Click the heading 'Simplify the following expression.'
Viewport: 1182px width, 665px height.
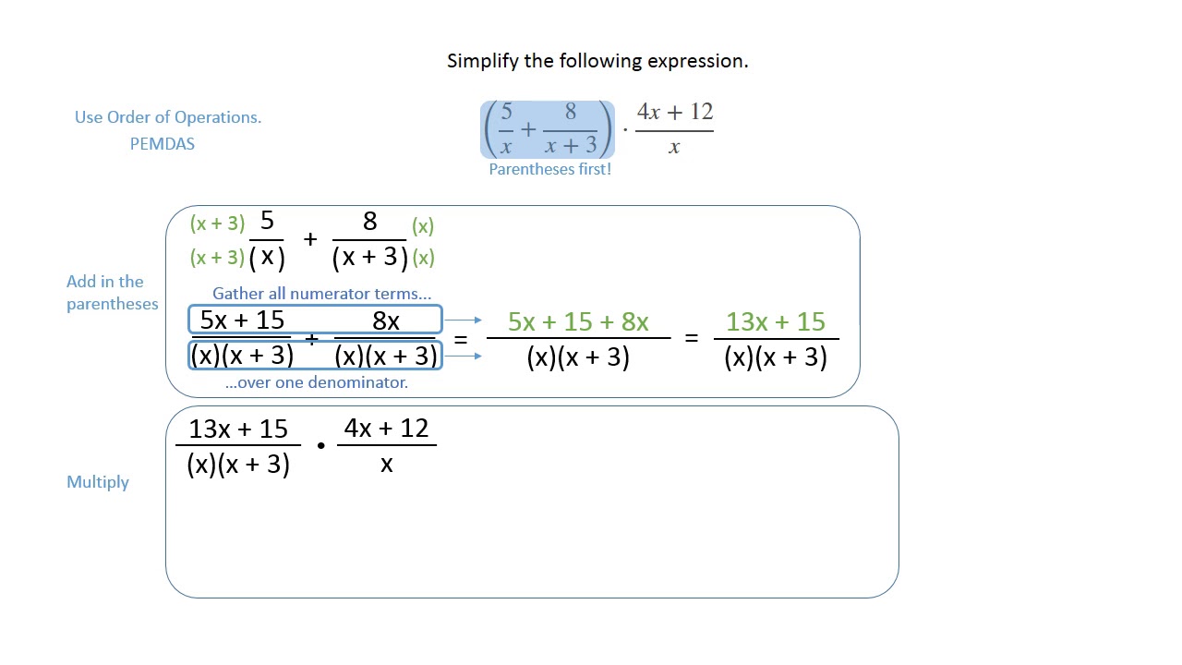click(597, 61)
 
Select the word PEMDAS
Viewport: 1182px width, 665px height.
click(163, 144)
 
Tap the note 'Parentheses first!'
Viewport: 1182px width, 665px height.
click(549, 170)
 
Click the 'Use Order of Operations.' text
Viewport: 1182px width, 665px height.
click(168, 117)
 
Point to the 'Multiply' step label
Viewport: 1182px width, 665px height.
click(98, 482)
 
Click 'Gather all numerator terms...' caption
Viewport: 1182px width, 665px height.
click(322, 294)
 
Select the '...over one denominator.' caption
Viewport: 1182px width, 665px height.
click(317, 381)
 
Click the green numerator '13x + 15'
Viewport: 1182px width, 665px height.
click(775, 321)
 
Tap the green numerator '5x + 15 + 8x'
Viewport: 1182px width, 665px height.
click(578, 321)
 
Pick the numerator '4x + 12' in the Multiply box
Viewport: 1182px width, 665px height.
click(386, 429)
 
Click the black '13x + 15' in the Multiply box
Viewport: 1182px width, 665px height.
click(238, 429)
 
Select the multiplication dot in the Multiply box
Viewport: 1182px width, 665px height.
click(320, 446)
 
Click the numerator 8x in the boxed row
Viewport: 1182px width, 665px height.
click(386, 320)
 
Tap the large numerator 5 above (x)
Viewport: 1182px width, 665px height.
click(267, 222)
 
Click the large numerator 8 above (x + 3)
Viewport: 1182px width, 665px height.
click(369, 222)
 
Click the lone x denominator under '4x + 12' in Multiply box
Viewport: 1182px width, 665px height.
click(386, 464)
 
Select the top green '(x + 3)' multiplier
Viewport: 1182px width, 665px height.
click(217, 224)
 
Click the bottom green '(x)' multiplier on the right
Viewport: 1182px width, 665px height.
click(423, 258)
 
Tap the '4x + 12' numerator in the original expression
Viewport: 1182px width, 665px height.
click(675, 113)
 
